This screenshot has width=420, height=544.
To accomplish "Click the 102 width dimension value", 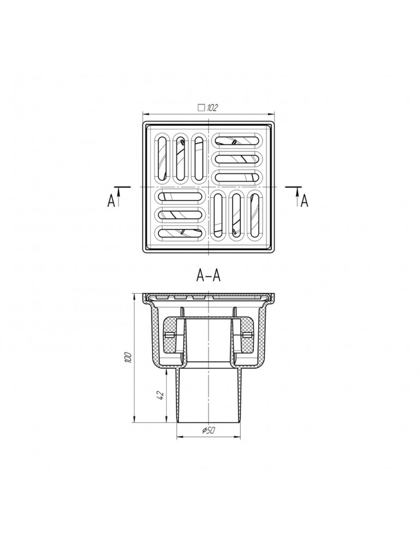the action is [212, 108].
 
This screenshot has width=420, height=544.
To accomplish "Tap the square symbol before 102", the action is [201, 108].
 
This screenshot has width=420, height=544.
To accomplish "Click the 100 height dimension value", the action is [128, 357].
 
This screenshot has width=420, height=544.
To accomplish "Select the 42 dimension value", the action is [161, 395].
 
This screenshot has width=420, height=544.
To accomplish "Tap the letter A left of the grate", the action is [111, 201].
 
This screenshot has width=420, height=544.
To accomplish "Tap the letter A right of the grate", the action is [305, 201].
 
